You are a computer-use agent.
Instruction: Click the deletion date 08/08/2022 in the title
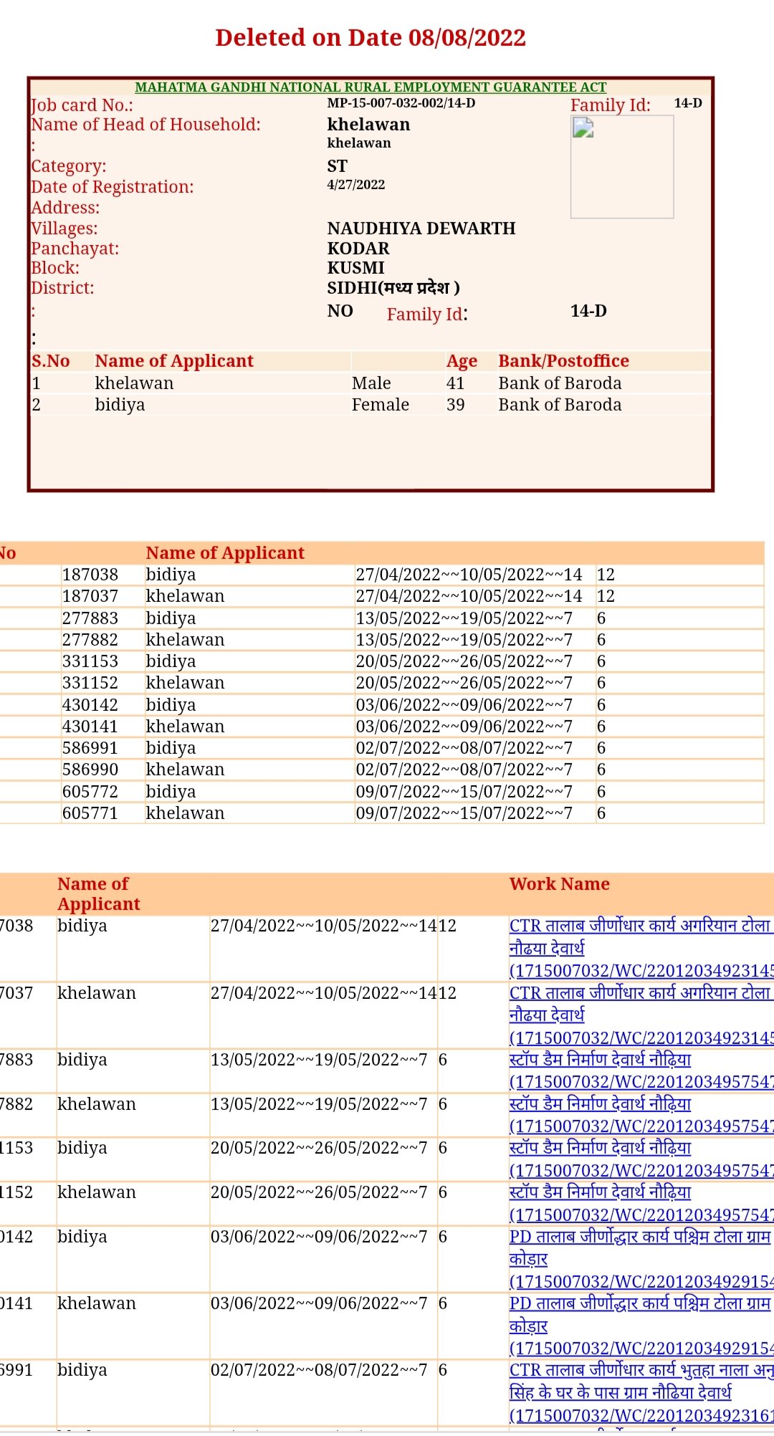click(467, 37)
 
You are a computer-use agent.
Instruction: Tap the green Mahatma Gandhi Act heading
click(371, 87)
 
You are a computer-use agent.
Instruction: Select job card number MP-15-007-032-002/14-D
click(401, 103)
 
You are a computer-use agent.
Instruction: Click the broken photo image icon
click(583, 128)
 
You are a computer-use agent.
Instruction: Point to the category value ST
click(338, 166)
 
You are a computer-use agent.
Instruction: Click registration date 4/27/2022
click(356, 185)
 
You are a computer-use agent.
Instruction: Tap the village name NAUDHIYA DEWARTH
click(421, 229)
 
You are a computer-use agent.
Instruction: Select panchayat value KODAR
click(358, 249)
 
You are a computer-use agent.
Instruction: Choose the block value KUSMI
click(356, 268)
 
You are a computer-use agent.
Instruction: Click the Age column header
click(462, 361)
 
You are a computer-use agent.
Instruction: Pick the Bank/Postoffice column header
click(563, 361)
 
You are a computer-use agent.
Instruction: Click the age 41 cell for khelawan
click(455, 383)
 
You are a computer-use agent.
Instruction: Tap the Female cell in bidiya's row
click(380, 405)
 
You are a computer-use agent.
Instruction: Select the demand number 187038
click(90, 575)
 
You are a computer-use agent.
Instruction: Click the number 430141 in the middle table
click(90, 727)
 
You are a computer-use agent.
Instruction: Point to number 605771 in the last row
click(90, 813)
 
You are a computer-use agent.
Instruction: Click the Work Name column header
click(559, 884)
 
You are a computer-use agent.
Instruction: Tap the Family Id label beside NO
click(426, 315)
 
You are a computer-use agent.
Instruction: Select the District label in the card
click(62, 288)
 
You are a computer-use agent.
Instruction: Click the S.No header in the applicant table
click(50, 361)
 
